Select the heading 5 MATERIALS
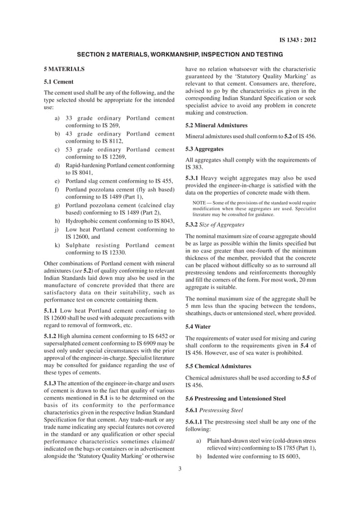(64, 69)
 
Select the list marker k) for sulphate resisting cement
(58, 245)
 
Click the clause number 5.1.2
(52, 337)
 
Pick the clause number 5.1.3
(52, 384)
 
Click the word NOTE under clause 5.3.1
(199, 202)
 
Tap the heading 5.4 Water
(199, 326)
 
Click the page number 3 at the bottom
(179, 467)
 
